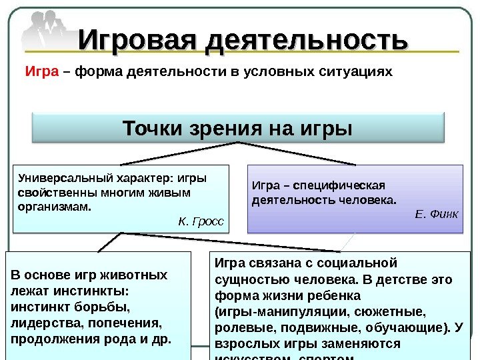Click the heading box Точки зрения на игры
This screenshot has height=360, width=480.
click(237, 127)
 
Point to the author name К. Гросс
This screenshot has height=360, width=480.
click(201, 221)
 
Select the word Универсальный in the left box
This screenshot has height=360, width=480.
click(56, 179)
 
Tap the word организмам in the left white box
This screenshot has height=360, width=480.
click(53, 207)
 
